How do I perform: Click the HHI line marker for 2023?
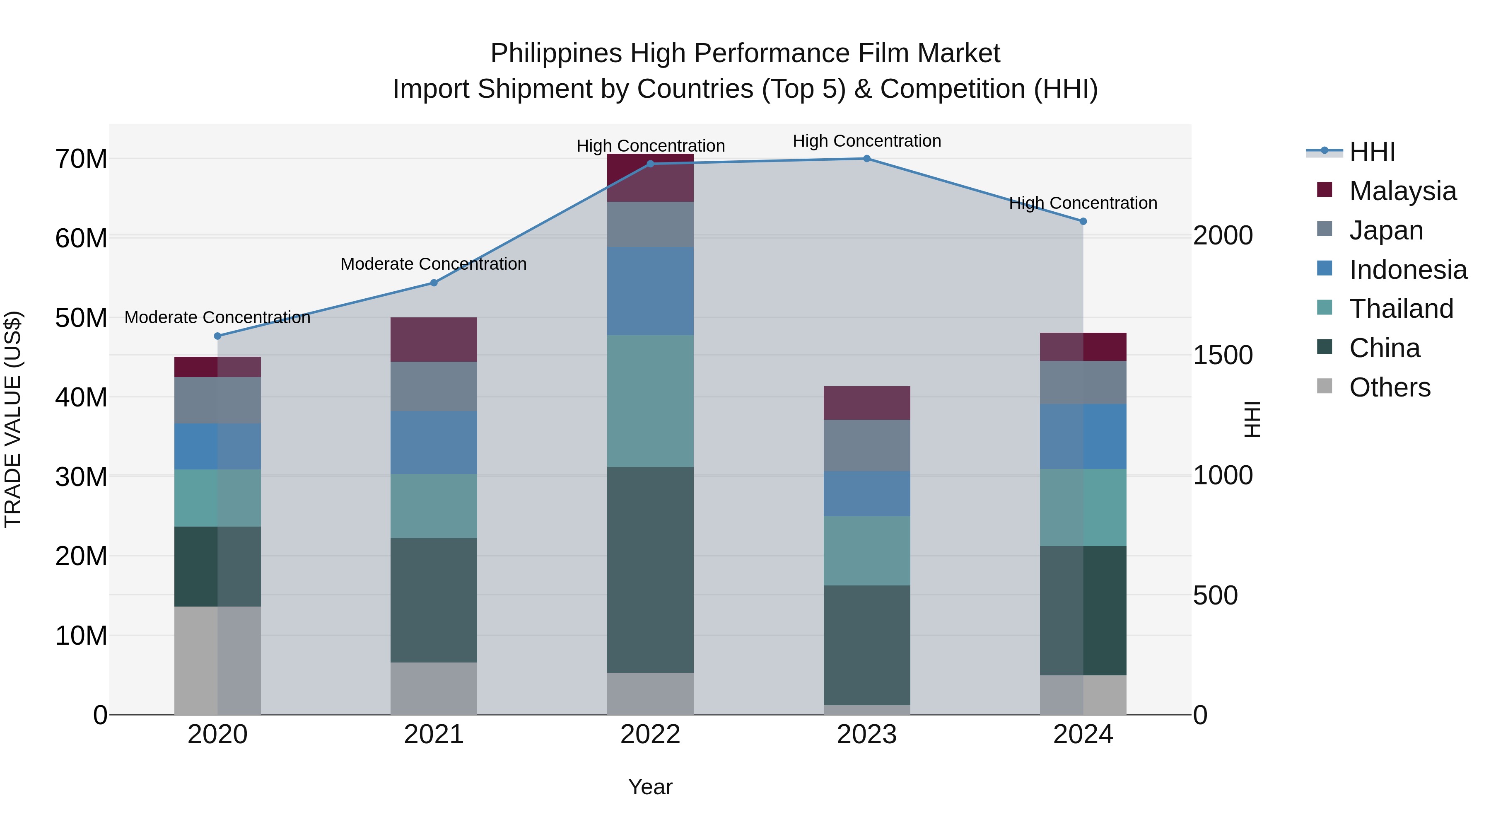pos(866,159)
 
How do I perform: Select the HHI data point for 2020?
pos(217,336)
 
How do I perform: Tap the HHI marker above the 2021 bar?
pos(434,283)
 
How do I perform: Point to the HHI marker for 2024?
pos(1083,221)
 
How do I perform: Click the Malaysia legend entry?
pos(1402,191)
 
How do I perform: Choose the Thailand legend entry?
pos(1401,309)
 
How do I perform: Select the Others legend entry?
pos(1389,387)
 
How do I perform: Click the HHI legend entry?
pos(1372,152)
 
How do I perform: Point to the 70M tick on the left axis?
pos(81,159)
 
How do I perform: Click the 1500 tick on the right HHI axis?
pos(1223,355)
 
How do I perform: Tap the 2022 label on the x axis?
pos(650,735)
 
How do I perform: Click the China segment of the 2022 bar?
pos(650,570)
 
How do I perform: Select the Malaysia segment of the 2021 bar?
pos(434,339)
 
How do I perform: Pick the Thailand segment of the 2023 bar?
pos(866,551)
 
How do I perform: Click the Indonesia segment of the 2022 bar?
pos(650,291)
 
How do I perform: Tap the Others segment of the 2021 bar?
pos(434,689)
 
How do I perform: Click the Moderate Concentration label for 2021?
pos(434,264)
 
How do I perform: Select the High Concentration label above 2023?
pos(866,141)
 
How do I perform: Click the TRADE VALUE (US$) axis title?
pos(13,419)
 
